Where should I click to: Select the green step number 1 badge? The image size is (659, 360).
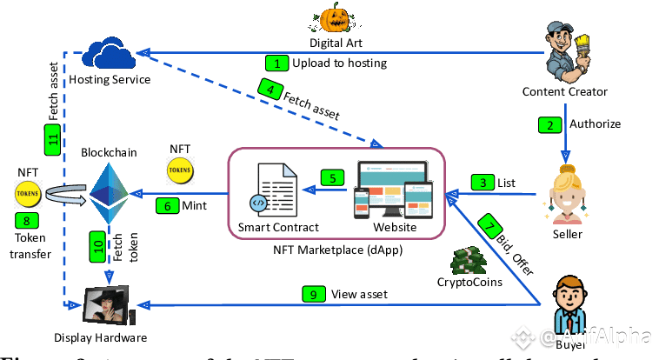coord(276,63)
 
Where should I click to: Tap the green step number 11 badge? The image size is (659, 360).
coord(51,138)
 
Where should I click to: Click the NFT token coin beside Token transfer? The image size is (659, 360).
coord(25,191)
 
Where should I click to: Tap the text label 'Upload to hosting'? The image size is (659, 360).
coord(340,63)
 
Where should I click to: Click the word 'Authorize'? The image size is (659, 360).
coord(595,124)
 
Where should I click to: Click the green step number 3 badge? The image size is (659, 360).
coord(481,183)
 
